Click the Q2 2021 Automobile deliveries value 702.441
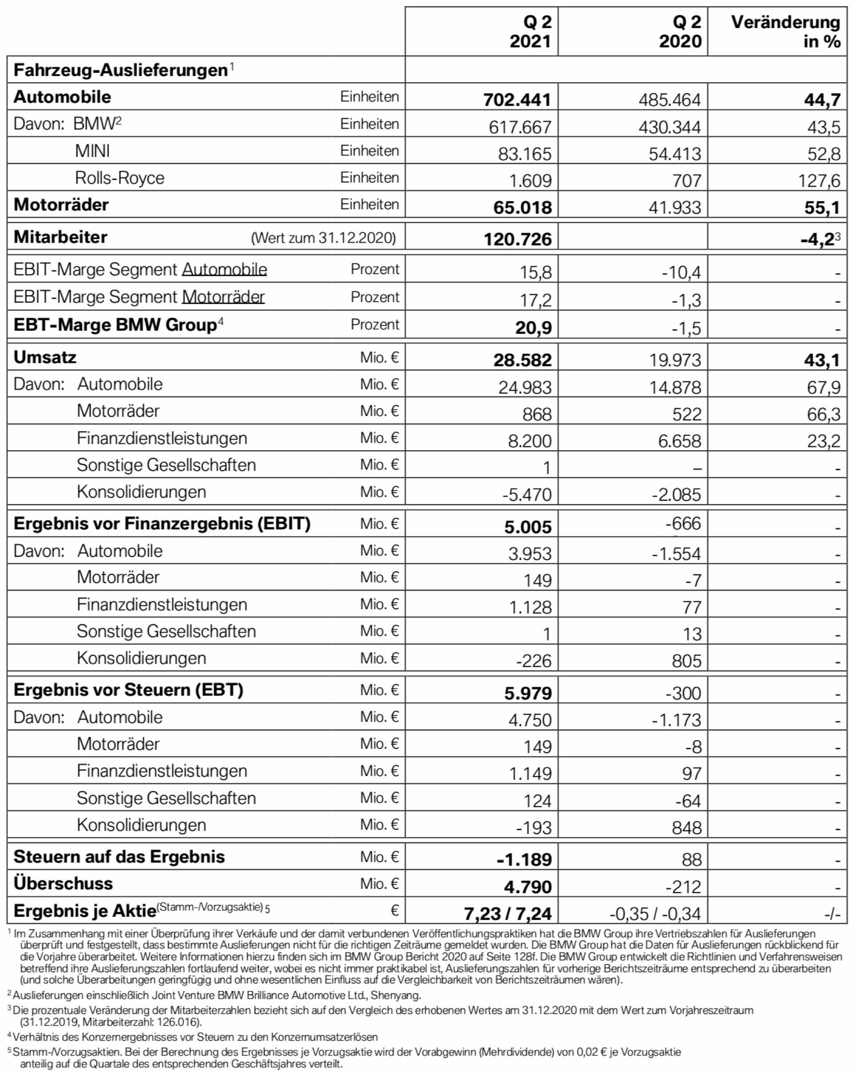coord(517,100)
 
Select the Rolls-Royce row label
coord(120,178)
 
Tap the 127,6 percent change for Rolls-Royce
coord(819,180)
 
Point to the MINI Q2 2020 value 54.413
coord(674,154)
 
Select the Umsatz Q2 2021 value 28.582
coord(522,360)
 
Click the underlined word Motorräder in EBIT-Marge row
coord(223,297)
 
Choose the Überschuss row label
coord(64,883)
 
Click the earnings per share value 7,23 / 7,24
coord(507,913)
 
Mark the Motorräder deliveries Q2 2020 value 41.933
coord(674,208)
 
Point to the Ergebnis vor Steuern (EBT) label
coord(128,690)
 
